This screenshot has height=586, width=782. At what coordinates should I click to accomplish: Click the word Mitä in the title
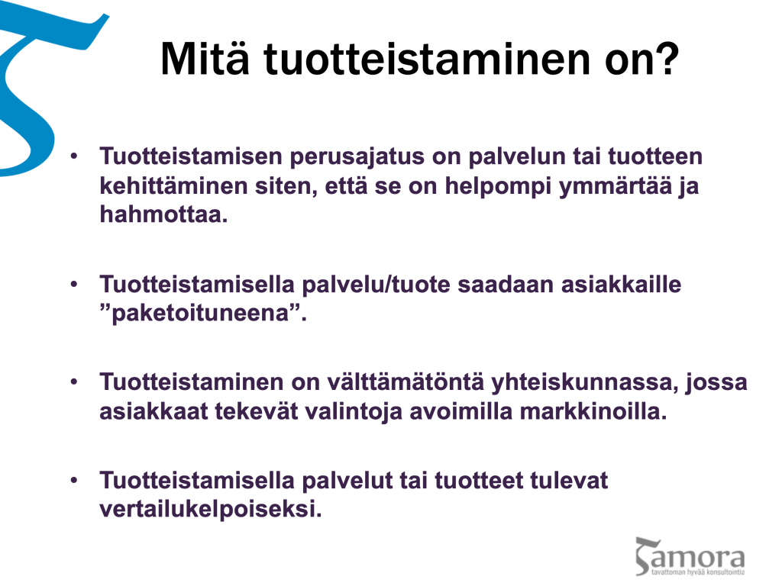coord(205,59)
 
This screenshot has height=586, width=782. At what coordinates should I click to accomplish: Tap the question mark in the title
coord(667,58)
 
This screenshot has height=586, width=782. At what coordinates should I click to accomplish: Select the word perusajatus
coord(357,158)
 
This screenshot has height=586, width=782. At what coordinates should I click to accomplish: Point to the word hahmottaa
coord(163,214)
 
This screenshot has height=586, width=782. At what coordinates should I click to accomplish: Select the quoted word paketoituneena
coord(201,314)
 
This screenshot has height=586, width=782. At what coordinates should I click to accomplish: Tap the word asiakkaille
coord(621,285)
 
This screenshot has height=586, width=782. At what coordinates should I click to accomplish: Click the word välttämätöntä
coord(406,383)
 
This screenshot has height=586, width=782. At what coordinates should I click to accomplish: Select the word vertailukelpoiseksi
coord(211,510)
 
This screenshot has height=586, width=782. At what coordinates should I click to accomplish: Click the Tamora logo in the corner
coord(690,556)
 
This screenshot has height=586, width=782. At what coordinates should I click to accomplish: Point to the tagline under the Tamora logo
coord(698,572)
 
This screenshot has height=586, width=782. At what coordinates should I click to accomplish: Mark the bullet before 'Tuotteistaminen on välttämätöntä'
coord(74,383)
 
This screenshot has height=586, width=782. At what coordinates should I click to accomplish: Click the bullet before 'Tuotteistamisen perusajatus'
coord(74,156)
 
